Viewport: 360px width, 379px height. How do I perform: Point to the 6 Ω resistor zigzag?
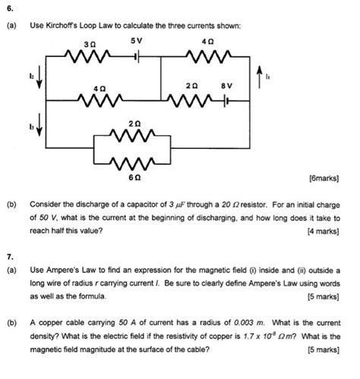[x=134, y=162]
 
